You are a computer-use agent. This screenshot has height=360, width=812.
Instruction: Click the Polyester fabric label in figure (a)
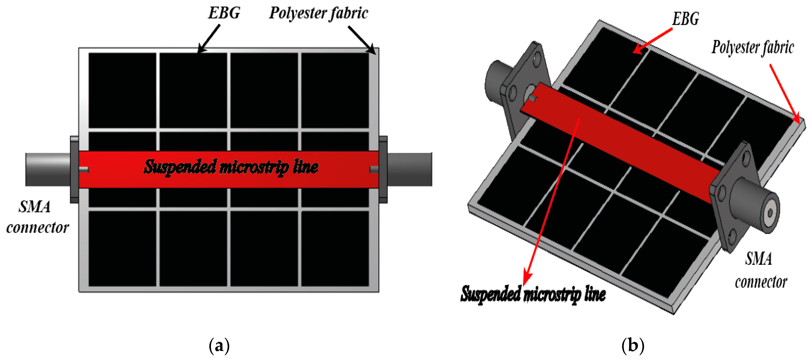[318, 14]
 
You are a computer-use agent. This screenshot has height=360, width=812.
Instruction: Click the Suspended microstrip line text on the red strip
[231, 167]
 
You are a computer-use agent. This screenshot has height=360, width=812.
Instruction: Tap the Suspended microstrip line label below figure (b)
[533, 294]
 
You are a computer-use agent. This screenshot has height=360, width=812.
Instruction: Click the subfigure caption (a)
[219, 346]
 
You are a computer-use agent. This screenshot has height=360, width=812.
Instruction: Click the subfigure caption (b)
[633, 346]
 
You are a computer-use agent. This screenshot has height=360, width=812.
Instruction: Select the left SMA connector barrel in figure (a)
[47, 169]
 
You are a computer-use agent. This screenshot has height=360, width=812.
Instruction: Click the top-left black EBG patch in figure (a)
[122, 90]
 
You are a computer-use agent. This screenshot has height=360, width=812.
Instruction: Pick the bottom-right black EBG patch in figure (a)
[335, 249]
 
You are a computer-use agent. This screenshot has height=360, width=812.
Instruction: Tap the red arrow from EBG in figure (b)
[652, 41]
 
